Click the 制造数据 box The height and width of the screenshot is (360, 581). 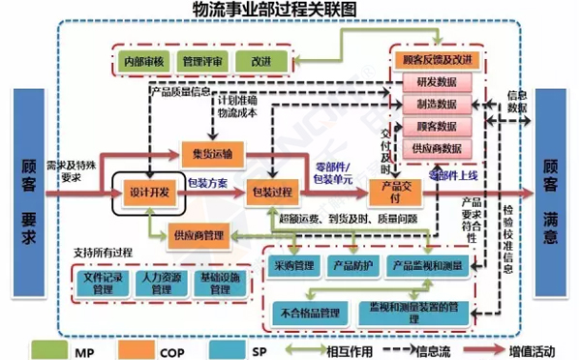pyautogui.click(x=437, y=105)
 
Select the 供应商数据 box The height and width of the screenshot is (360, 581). pyautogui.click(x=437, y=148)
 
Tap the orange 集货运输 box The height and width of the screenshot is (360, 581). pyautogui.click(x=212, y=152)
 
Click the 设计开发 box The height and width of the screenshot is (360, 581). pyautogui.click(x=149, y=192)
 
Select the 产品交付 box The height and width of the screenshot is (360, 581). pyautogui.click(x=398, y=190)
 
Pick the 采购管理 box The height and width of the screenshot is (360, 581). pyautogui.click(x=295, y=265)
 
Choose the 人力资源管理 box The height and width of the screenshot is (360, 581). pyautogui.click(x=160, y=282)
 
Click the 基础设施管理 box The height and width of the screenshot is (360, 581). pyautogui.click(x=222, y=282)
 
